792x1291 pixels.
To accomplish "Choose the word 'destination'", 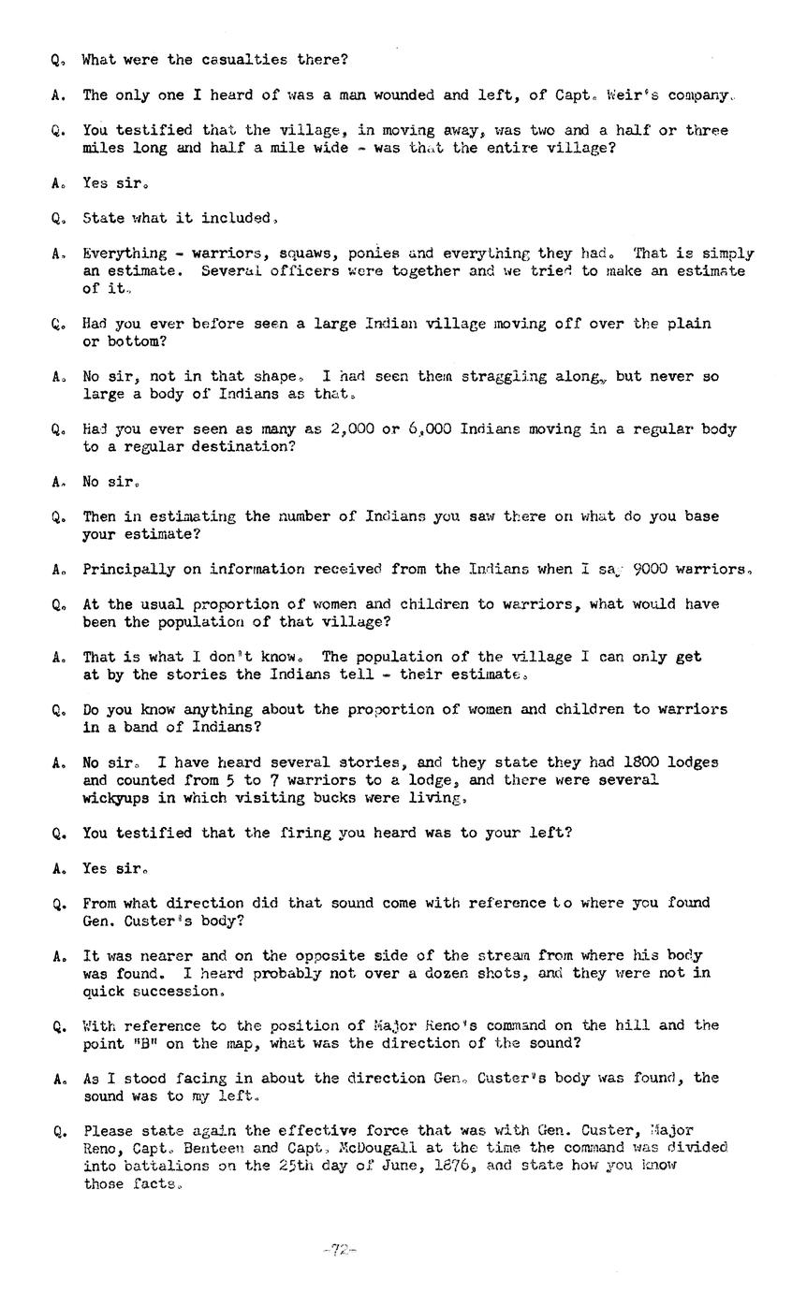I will click(x=244, y=447).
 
